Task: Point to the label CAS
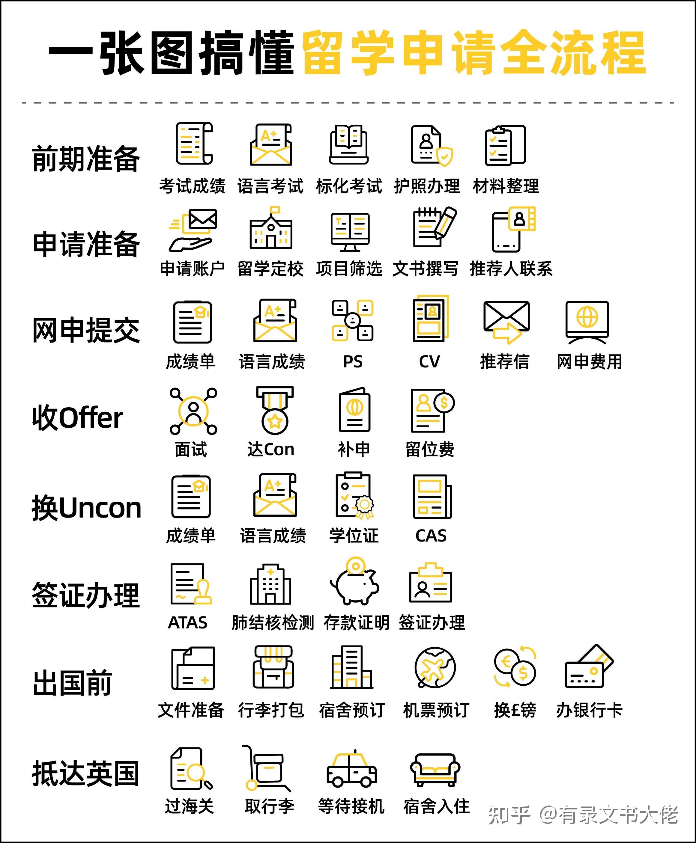click(x=431, y=536)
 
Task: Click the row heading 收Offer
click(x=77, y=417)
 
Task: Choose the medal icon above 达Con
click(x=275, y=410)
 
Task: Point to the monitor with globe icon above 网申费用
click(x=587, y=322)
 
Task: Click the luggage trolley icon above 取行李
click(x=266, y=768)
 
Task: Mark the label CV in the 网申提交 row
click(x=429, y=362)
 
